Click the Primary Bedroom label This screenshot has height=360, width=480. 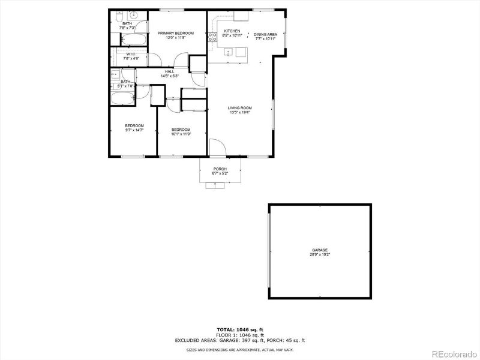[x=176, y=33]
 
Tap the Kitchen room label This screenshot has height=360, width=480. [x=232, y=31]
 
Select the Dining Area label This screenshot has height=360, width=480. [x=265, y=34]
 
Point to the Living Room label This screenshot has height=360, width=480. [x=239, y=108]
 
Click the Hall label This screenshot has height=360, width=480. [x=170, y=71]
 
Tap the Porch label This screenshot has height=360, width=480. [x=220, y=169]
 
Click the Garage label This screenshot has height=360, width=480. [x=320, y=250]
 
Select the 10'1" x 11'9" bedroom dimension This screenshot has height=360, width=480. [x=181, y=134]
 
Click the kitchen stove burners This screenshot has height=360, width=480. [x=212, y=37]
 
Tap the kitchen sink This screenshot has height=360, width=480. [x=231, y=53]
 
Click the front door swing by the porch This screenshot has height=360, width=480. [x=217, y=148]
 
